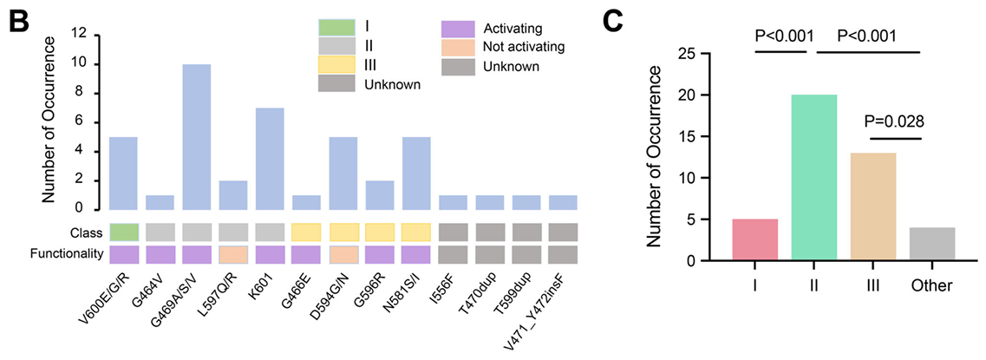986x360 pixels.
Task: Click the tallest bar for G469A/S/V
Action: pos(196,136)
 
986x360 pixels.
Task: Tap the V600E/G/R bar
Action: pos(123,173)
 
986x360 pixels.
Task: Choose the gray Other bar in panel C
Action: pos(932,244)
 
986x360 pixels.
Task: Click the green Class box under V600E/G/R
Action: pos(123,232)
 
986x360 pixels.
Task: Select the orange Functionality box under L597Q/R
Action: pos(233,253)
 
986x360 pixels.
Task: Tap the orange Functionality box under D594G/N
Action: pos(343,253)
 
